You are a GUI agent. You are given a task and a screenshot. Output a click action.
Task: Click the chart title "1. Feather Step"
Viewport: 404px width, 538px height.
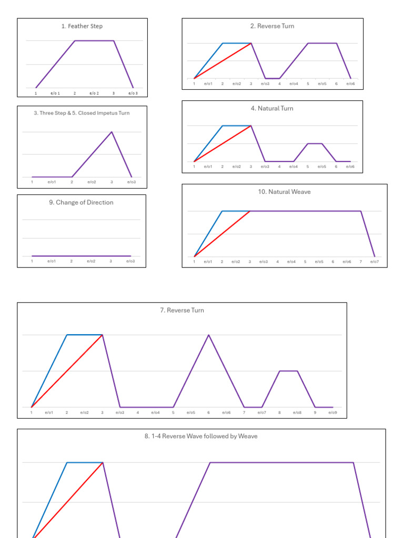pos(82,26)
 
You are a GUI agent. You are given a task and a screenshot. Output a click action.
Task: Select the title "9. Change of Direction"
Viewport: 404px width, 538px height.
pos(81,202)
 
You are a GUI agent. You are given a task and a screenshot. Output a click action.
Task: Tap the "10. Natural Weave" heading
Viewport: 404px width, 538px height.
pos(284,192)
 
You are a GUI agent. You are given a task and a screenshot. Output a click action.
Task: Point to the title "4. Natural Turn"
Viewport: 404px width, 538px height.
pos(272,108)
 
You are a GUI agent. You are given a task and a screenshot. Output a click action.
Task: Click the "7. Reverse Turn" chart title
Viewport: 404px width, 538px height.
pos(182,310)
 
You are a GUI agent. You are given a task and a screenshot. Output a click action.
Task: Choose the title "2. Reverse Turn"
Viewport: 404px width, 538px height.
pos(272,26)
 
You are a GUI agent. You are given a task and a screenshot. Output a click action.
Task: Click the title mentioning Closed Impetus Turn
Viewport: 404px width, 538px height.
pos(82,113)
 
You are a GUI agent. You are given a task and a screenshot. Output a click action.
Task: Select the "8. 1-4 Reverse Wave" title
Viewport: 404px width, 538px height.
pos(201,436)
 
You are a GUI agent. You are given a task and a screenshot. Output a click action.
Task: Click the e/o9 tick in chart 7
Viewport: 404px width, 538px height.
pos(332,413)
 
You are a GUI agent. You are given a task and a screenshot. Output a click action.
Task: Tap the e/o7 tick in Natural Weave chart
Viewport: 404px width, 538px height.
pos(375,262)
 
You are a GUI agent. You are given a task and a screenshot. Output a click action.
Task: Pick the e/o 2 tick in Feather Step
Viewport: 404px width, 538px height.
pos(94,94)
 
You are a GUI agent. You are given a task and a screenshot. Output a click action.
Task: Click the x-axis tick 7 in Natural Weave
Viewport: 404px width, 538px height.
pos(361,262)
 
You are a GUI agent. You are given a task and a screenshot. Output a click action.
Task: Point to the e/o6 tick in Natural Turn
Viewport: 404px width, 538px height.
pos(350,167)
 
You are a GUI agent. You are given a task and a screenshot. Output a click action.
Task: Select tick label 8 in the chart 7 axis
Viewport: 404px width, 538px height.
pos(279,413)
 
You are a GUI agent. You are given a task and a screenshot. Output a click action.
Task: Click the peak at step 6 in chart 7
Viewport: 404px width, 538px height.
pos(209,335)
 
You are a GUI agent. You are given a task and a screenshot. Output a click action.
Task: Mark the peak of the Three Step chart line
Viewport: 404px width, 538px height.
pos(112,132)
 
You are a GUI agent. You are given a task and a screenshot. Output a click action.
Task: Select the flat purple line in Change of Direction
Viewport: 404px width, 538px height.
pos(82,256)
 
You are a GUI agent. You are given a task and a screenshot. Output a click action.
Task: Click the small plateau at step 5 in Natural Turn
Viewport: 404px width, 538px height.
pos(315,143)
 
